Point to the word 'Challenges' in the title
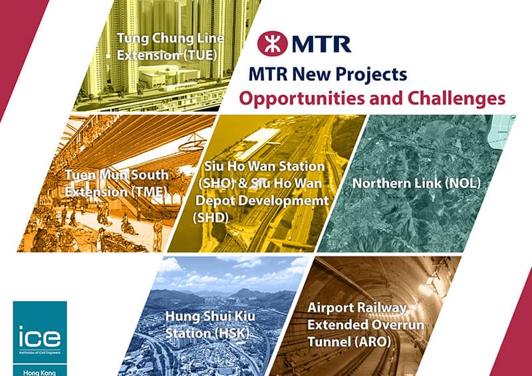(456, 98)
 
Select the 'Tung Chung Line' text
(167, 37)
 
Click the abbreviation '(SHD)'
(211, 216)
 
